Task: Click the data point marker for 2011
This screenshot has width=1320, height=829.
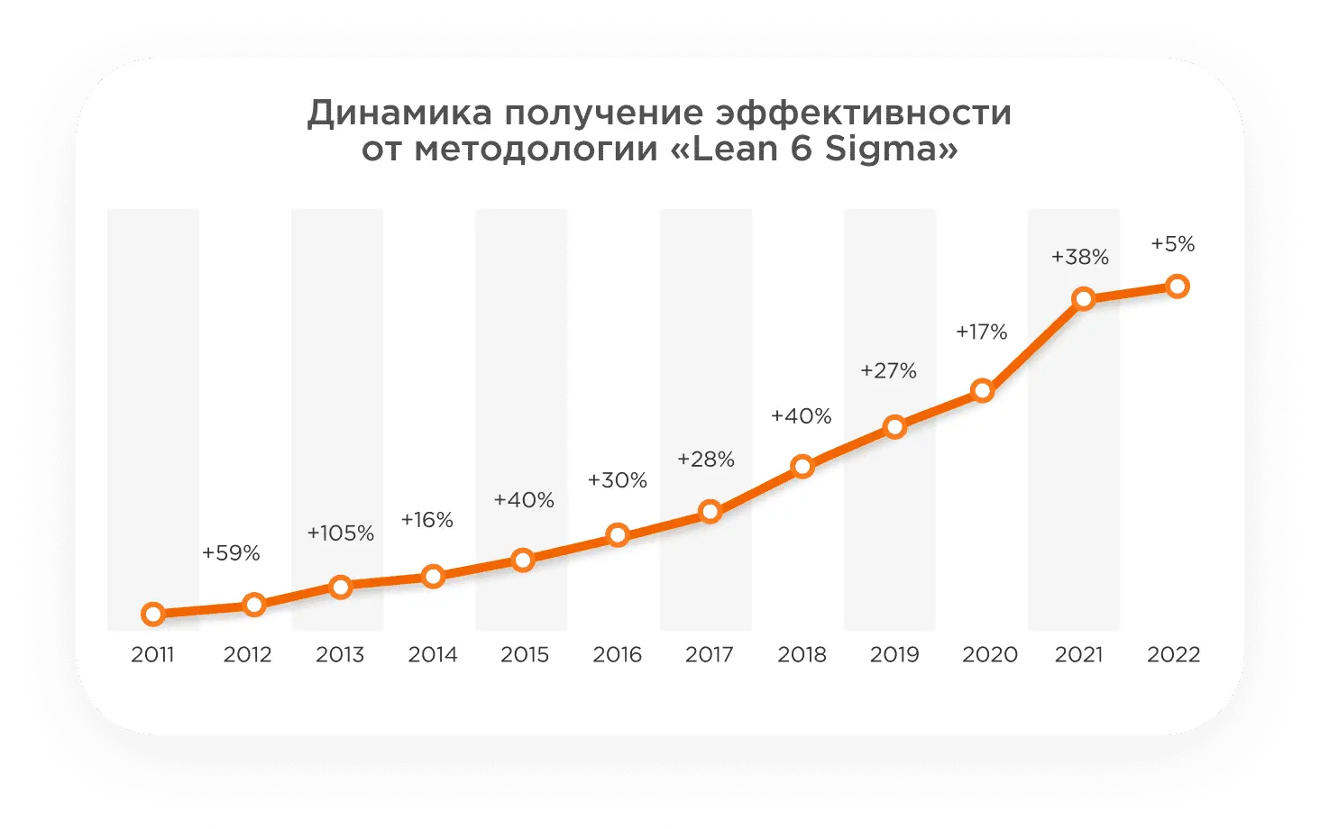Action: [153, 615]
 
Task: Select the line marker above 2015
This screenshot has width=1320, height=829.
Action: [523, 560]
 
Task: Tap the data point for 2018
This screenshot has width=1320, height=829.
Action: [802, 466]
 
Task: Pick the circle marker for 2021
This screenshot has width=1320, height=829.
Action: [1084, 299]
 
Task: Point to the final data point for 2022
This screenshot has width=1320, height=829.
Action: [1177, 287]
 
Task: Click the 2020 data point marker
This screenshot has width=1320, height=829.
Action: [983, 391]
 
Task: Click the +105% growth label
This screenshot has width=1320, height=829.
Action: [340, 533]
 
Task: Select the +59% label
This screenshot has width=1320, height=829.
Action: [231, 553]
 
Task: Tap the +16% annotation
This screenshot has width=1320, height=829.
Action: [426, 520]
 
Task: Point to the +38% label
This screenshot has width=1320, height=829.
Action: [1079, 257]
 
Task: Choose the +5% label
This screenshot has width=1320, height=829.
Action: [1172, 244]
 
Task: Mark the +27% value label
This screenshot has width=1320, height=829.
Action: [888, 371]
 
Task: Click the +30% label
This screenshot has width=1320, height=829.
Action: [617, 480]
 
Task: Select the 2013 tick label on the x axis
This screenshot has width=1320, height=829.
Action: [340, 654]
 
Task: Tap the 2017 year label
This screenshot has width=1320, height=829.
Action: [710, 654]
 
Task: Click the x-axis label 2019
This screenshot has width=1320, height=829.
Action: [894, 654]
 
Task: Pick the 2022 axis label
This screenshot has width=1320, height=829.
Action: [1173, 654]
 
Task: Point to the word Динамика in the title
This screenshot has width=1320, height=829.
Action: [399, 114]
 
